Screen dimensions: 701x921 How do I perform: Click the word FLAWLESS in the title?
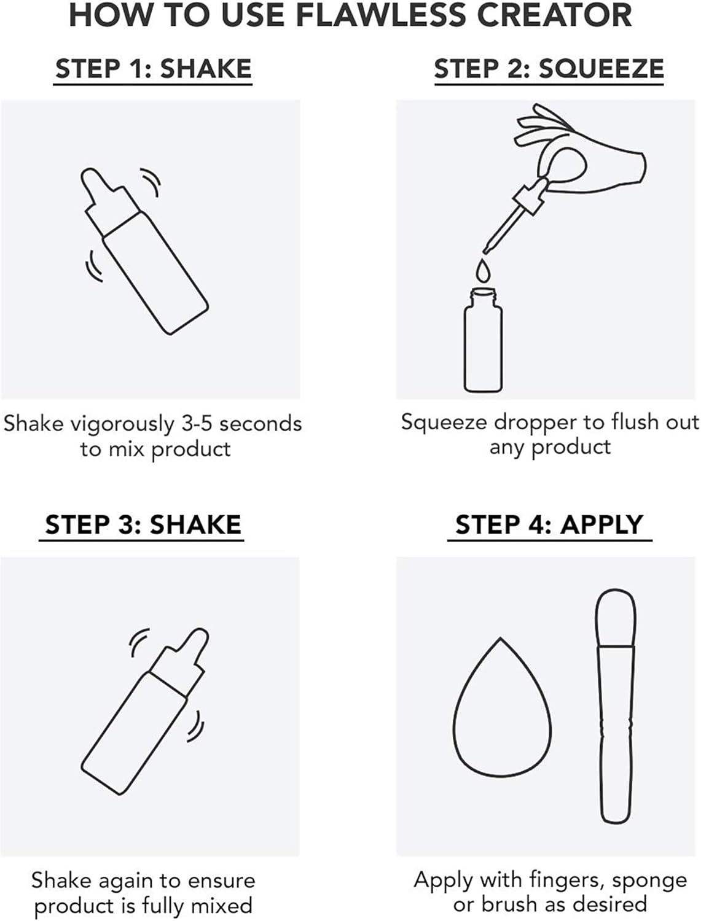click(x=381, y=15)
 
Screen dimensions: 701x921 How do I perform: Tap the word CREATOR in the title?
click(x=555, y=15)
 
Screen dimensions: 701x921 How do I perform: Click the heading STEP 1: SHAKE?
click(x=153, y=68)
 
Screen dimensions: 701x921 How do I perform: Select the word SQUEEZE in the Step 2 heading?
click(x=601, y=69)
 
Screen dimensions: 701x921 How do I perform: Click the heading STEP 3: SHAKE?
click(x=143, y=524)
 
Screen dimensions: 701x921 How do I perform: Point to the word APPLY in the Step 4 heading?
click(x=601, y=524)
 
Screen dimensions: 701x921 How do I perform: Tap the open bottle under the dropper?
click(x=483, y=340)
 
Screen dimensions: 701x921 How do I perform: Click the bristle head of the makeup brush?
click(x=616, y=618)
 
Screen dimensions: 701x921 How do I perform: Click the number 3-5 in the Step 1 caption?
click(x=197, y=424)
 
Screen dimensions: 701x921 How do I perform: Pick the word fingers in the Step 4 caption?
click(x=566, y=880)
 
